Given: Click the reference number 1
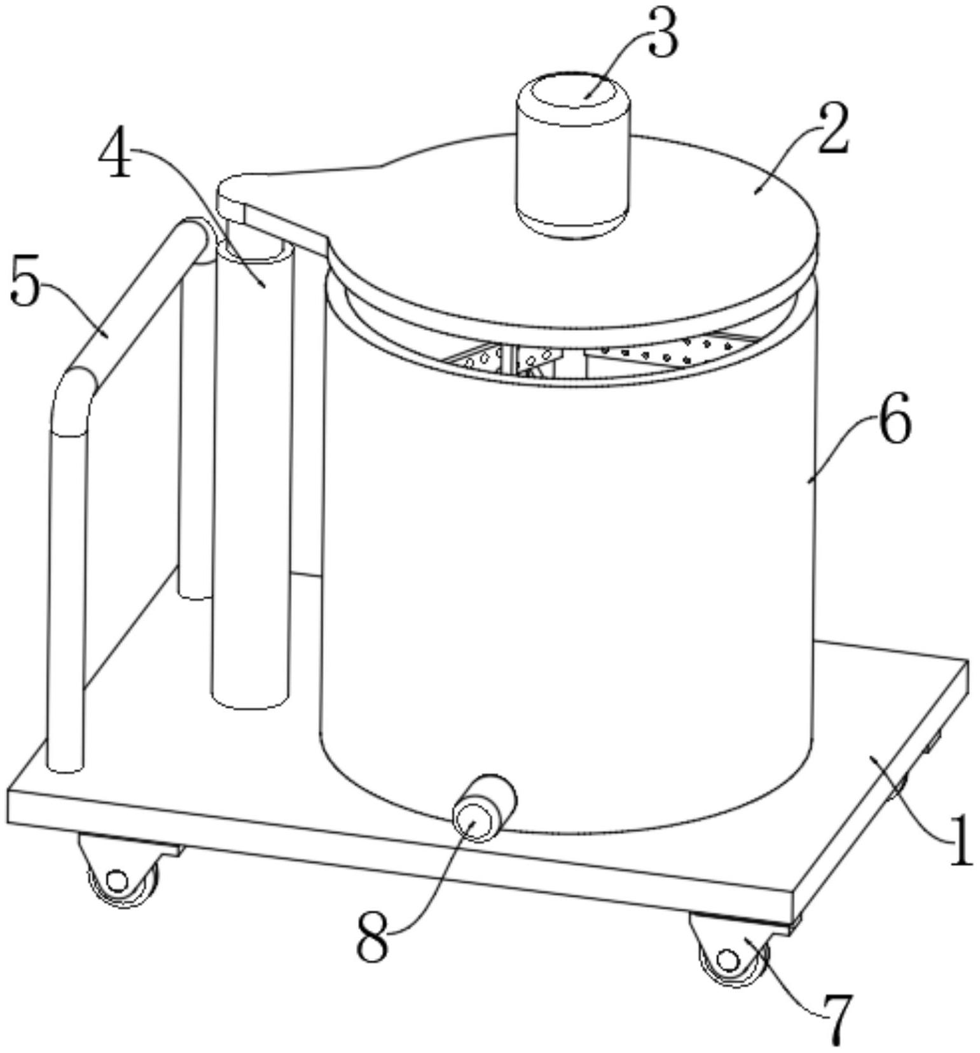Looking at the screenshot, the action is [x=959, y=840].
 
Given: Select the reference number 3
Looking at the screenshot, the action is [x=661, y=34].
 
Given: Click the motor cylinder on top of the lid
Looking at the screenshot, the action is [x=572, y=155].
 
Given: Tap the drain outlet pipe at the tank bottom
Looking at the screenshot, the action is [x=483, y=807].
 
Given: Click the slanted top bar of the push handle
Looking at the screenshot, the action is [x=137, y=299].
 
